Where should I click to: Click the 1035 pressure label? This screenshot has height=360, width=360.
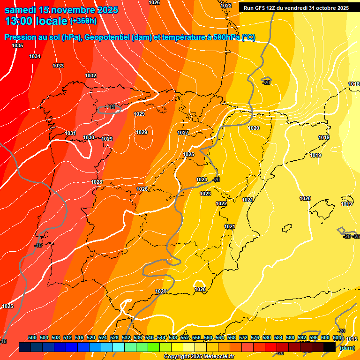(x=17, y=45)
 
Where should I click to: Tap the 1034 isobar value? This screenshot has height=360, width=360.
(x=35, y=56)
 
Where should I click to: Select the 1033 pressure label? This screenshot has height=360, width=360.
(x=58, y=66)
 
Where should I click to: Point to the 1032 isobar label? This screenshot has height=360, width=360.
(x=90, y=75)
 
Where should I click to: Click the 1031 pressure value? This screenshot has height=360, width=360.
(x=70, y=134)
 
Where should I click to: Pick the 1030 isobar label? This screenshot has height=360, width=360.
(x=89, y=137)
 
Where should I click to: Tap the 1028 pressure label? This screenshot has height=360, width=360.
(x=97, y=182)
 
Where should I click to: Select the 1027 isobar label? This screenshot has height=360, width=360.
(x=183, y=133)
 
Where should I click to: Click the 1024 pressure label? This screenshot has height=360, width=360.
(x=202, y=180)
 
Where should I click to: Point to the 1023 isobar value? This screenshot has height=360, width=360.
(x=205, y=194)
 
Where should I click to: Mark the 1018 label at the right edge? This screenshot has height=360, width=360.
(x=354, y=84)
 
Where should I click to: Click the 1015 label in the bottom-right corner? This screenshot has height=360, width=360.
(x=352, y=339)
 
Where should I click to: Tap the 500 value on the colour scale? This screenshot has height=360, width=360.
(x=32, y=337)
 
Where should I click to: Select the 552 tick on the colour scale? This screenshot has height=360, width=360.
(x=185, y=337)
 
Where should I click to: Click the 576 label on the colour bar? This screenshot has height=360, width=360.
(x=255, y=337)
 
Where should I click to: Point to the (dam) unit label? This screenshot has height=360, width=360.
(x=347, y=347)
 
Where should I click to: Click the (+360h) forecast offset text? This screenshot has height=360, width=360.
(x=83, y=21)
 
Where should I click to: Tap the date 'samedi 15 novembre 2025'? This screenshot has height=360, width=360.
(x=61, y=9)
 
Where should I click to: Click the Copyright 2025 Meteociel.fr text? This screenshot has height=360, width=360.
(x=199, y=356)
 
